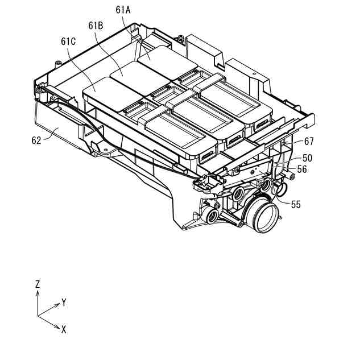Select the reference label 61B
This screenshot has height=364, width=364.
[x=96, y=26]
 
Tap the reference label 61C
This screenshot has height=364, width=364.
[x=68, y=41]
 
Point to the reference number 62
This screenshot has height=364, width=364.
[x=37, y=140]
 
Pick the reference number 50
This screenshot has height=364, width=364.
[x=307, y=158]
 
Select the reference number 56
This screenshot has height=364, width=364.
[x=301, y=169]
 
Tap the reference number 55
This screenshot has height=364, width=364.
[x=296, y=204]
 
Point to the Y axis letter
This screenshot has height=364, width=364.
[x=64, y=303]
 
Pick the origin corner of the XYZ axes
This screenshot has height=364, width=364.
[x=38, y=316]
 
